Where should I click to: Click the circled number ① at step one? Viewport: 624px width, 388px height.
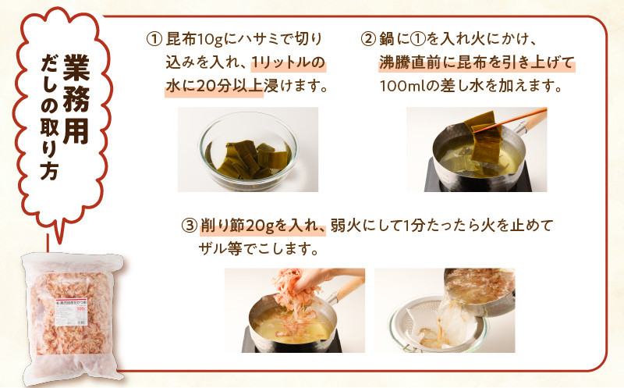click(153, 39)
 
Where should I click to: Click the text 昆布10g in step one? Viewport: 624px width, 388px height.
click(192, 39)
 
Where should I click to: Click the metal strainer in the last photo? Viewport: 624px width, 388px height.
click(421, 328)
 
